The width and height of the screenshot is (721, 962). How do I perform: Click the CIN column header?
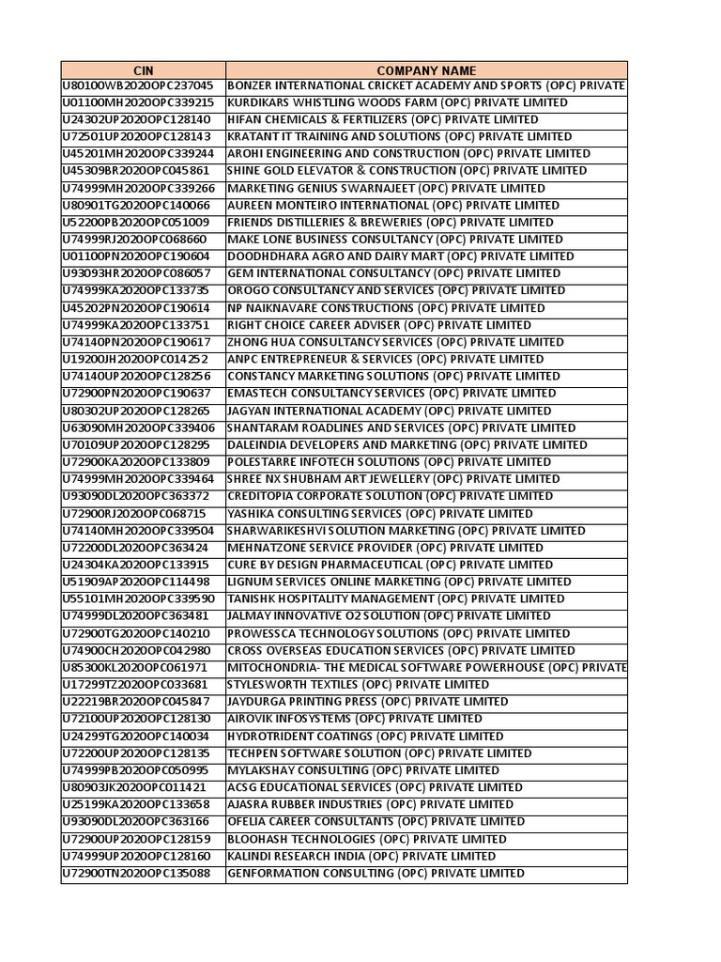coord(143,70)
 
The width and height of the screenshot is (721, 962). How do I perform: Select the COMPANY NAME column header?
coord(425,70)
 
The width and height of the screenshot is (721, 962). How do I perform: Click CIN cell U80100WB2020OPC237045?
coord(138,85)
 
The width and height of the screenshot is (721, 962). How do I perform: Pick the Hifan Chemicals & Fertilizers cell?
coord(382,119)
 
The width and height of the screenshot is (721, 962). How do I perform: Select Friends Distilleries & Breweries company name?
coord(390,222)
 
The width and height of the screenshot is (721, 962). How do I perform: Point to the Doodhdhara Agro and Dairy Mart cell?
coord(400,256)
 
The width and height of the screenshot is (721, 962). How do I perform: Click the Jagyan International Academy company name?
coord(389,411)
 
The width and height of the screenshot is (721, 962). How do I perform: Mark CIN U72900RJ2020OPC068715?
coord(138,514)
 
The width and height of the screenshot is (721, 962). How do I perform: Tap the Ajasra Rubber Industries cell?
coord(370,804)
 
